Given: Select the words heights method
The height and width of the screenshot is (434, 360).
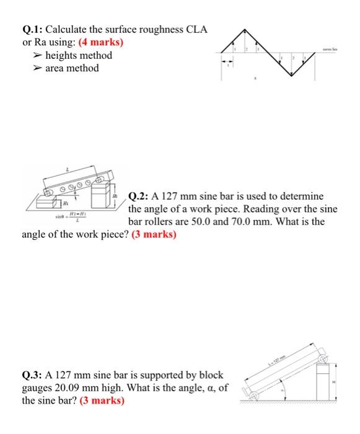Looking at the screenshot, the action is (79, 56).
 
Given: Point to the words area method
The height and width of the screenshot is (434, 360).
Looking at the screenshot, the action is (72, 68).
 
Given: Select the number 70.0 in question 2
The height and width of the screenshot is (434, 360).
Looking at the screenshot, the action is (231, 221).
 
